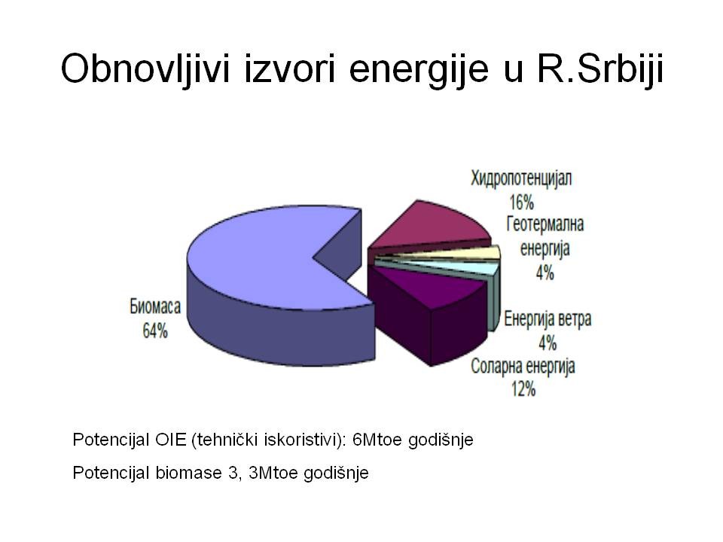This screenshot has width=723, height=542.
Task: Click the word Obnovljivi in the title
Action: click(x=145, y=69)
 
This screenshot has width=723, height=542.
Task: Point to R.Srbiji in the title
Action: click(x=600, y=69)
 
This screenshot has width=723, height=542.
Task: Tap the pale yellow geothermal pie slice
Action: click(x=461, y=254)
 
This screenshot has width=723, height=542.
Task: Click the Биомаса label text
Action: click(x=155, y=306)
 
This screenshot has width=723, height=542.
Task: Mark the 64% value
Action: click(x=155, y=331)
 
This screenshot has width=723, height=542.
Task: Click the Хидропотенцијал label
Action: click(x=521, y=178)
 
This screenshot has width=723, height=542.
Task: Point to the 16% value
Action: click(x=521, y=202)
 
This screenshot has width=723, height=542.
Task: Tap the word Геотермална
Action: click(x=545, y=224)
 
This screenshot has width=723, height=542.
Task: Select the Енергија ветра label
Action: click(x=548, y=319)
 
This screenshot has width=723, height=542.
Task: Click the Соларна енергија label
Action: click(x=523, y=367)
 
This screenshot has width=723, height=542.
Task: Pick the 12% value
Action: click(x=523, y=389)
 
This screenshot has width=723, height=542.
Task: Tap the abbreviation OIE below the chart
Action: click(x=171, y=440)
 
